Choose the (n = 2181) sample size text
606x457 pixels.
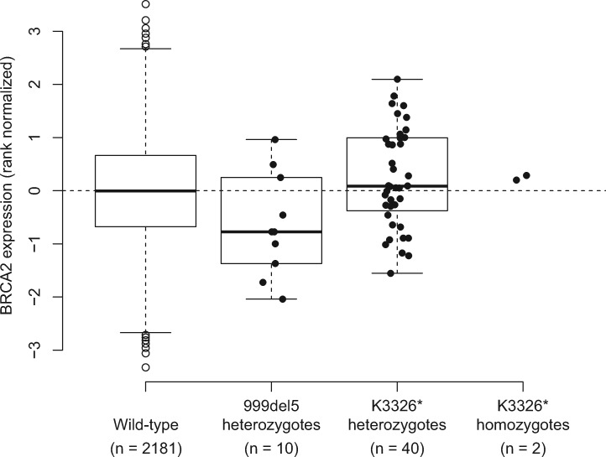pyautogui.click(x=145, y=444)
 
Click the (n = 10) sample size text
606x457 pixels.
pyautogui.click(x=271, y=444)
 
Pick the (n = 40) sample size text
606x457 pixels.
pyautogui.click(x=397, y=444)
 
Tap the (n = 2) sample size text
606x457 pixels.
pyautogui.click(x=523, y=444)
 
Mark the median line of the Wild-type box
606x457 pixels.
pyautogui.click(x=145, y=191)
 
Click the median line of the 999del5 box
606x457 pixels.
pyautogui.click(x=271, y=231)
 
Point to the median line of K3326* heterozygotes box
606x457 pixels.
pyautogui.click(x=397, y=186)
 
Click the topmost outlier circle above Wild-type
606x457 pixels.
pyautogui.click(x=145, y=4)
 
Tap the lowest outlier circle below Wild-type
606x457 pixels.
pyautogui.click(x=145, y=367)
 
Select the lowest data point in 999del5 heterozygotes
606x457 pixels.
pyautogui.click(x=282, y=299)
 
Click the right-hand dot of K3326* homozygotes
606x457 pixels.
pyautogui.click(x=526, y=176)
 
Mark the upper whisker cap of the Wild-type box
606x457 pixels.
pyautogui.click(x=145, y=49)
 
